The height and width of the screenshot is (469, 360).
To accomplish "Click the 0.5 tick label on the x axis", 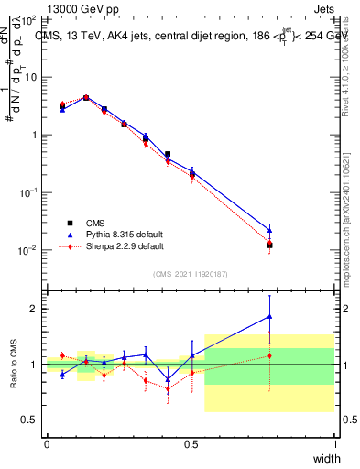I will coord(191,443).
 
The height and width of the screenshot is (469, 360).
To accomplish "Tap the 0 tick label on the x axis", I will coord(47,443).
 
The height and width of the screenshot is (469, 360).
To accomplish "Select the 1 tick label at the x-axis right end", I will coord(334,443).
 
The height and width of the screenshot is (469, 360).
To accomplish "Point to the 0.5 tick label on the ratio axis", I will coord(28,420).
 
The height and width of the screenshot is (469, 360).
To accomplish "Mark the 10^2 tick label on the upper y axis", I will coord(27,19).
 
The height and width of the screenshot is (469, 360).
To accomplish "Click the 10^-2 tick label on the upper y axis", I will coord(27,250).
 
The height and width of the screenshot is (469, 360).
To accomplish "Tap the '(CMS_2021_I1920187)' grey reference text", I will coord(191,273).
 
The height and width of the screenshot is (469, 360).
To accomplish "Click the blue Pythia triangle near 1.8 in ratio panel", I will coord(269,317).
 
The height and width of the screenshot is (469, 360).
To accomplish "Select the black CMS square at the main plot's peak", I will coord(86,97).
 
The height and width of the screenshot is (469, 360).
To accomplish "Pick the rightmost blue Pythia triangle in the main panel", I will coord(269,231).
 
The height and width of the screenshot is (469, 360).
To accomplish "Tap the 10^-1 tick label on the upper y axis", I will coord(27,192).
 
